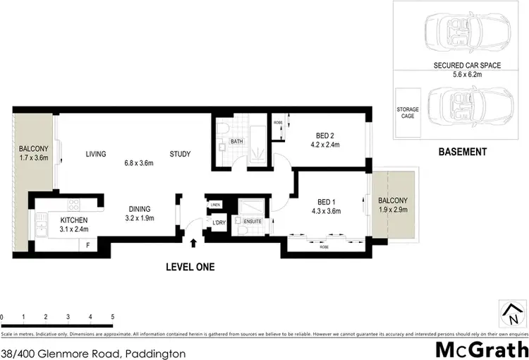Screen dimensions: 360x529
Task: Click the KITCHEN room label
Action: [x=69, y=220]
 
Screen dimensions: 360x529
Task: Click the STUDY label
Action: [x=180, y=154]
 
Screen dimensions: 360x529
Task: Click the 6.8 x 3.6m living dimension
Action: [x=139, y=164]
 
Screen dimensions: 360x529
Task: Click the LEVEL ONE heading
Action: [x=190, y=267]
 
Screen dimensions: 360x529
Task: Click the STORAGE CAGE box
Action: [x=408, y=114]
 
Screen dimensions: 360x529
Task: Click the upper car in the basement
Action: [x=461, y=32]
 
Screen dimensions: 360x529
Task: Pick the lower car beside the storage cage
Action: [x=465, y=106]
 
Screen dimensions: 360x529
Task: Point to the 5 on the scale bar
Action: [x=112, y=317]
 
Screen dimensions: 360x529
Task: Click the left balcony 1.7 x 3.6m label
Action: [x=33, y=152]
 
